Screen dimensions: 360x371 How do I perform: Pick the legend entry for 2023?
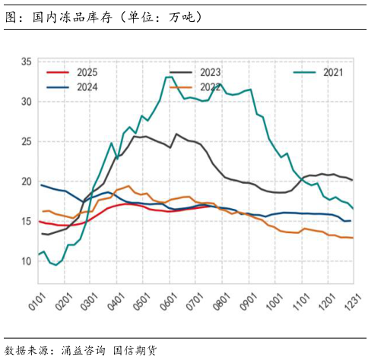coord(210,73)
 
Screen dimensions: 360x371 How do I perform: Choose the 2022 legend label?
coord(210,87)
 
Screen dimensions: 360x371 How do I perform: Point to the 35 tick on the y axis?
coord(27,62)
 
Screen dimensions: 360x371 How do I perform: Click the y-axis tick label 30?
coord(27,101)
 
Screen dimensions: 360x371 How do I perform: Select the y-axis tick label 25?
coord(27,141)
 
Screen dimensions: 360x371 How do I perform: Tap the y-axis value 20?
coord(27,182)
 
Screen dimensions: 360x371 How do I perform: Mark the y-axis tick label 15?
coord(27,221)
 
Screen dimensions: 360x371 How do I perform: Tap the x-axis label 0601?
coord(168,292)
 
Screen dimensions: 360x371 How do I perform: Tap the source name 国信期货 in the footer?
coord(135,350)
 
